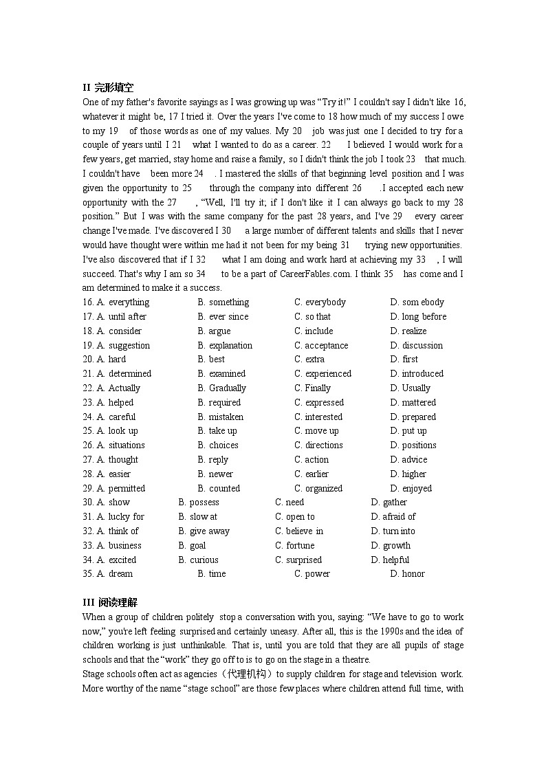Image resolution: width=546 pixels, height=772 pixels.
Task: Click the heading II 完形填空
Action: [x=108, y=87]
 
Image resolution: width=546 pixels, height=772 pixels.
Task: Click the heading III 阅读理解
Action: [x=110, y=602]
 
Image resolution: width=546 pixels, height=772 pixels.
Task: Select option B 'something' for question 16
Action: [x=223, y=302]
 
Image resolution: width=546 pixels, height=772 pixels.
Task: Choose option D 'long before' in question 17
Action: [x=418, y=316]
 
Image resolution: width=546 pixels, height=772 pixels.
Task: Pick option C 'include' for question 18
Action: [x=314, y=331]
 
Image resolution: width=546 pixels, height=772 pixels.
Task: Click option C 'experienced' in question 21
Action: [x=323, y=373]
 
